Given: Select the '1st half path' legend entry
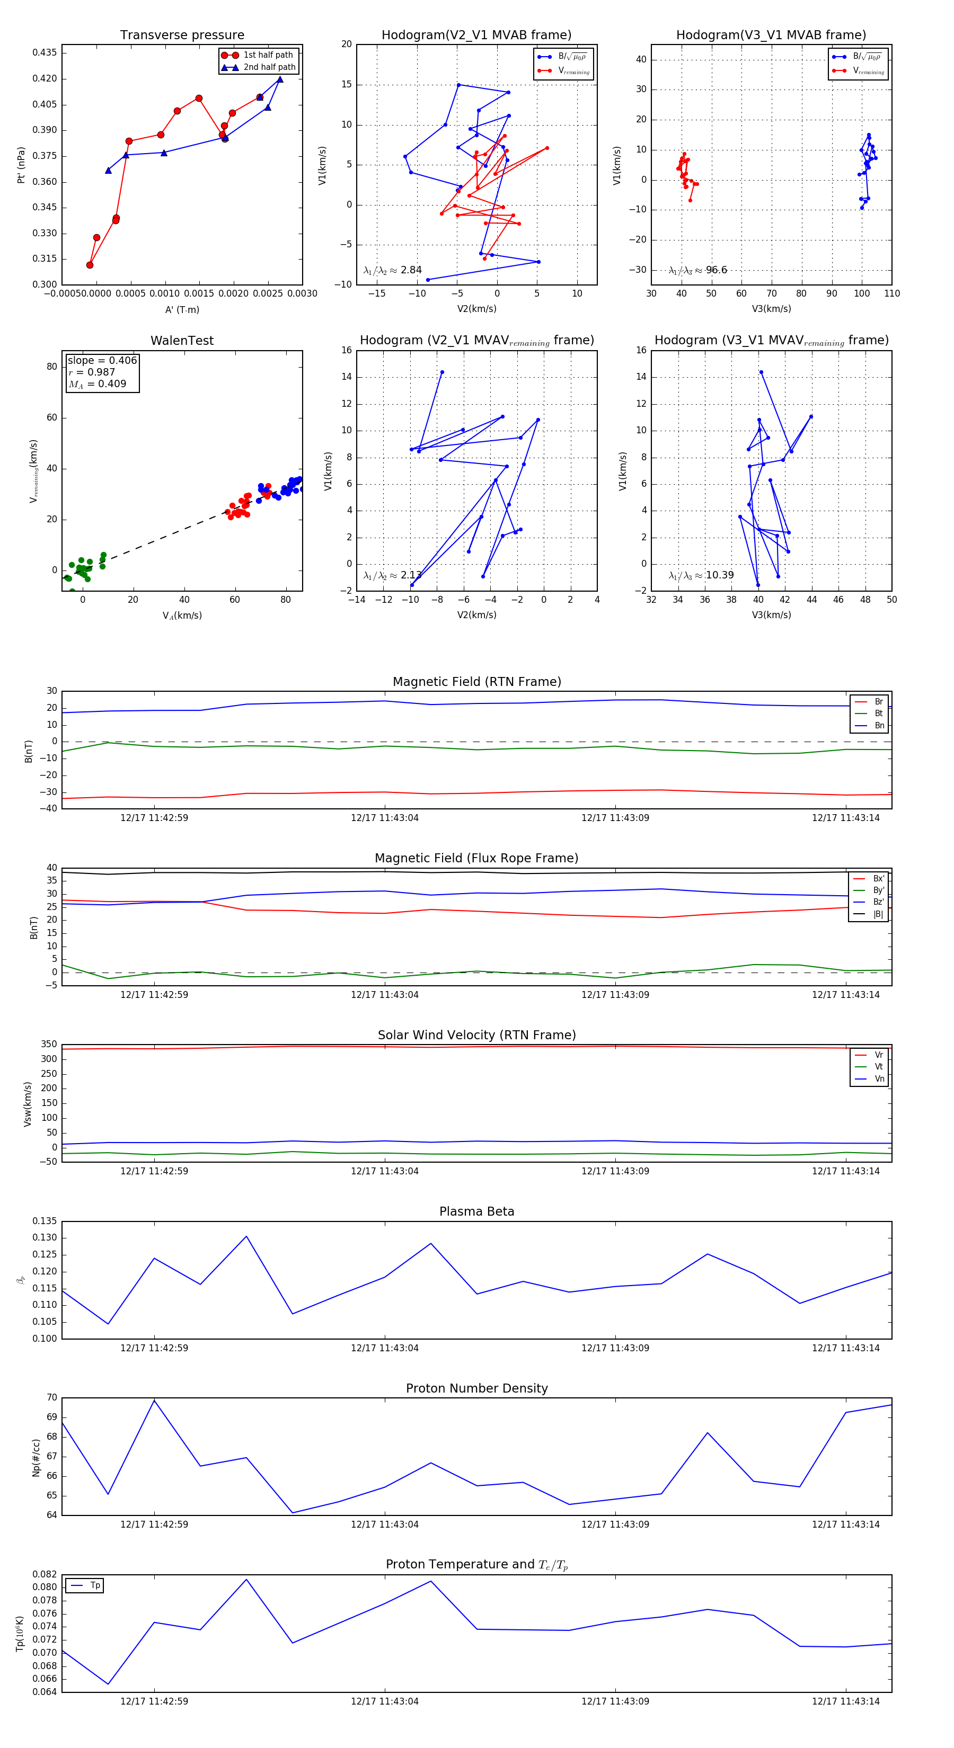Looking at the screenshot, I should (268, 55).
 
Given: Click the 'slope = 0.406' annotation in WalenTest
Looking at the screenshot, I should (102, 360).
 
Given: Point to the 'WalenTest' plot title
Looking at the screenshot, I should (182, 341).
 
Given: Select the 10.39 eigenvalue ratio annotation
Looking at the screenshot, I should (719, 575).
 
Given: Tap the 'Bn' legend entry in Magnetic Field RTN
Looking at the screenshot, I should (879, 725).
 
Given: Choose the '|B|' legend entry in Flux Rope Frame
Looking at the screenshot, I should (878, 914).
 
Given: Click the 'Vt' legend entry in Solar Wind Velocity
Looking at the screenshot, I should (879, 1067).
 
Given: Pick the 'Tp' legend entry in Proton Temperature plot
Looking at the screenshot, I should (95, 1585).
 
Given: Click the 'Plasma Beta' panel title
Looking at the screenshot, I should (476, 1211).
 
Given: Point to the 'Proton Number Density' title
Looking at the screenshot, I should (476, 1388).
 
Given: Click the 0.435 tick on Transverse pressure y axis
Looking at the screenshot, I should (45, 53).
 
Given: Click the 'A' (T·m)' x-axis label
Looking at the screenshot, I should (182, 309).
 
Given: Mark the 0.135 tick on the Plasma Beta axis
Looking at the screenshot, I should (45, 1221).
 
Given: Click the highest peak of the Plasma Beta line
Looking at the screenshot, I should (246, 1236).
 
